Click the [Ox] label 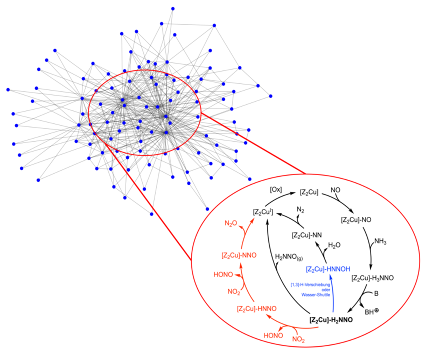point(276,189)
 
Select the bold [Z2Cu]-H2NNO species point(331,320)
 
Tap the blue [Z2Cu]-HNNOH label point(328,269)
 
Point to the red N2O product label point(230,223)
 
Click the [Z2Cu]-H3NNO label point(372,278)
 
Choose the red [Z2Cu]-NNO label point(239,255)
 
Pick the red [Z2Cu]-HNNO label point(257,308)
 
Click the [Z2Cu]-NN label point(306,235)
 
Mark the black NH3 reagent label point(380,241)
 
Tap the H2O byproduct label point(334,245)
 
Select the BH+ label point(372,311)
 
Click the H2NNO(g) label point(289,257)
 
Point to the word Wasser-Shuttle point(315,294)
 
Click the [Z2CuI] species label point(263,212)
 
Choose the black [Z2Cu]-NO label point(356,220)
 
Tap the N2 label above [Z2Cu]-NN point(300,210)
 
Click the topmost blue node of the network point(173,9)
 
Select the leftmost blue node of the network point(8,89)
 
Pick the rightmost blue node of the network point(270,96)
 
